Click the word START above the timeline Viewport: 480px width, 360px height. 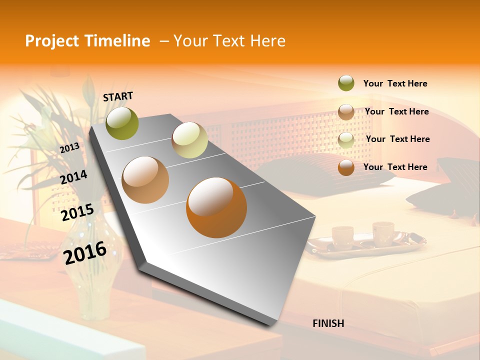[118, 96]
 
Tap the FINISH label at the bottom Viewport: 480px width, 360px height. [328, 323]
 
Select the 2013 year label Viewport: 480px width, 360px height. [69, 147]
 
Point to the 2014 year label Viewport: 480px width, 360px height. [73, 177]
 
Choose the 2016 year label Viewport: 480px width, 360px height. [85, 252]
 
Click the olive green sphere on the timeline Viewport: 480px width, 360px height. [122, 123]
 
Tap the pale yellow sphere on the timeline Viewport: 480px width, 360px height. [189, 140]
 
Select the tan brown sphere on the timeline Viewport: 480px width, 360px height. [145, 180]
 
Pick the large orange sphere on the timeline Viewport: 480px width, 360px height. [216, 207]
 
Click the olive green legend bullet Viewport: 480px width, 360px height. [346, 83]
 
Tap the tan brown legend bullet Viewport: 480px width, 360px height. [346, 111]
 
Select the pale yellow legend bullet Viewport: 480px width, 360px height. [346, 139]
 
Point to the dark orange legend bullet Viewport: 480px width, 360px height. [346, 167]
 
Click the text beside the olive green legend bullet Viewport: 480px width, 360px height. [395, 83]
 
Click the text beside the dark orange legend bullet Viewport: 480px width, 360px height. [395, 167]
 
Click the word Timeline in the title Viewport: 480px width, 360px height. [117, 41]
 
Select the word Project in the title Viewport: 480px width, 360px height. [52, 41]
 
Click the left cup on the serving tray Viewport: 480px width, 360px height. [342, 235]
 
